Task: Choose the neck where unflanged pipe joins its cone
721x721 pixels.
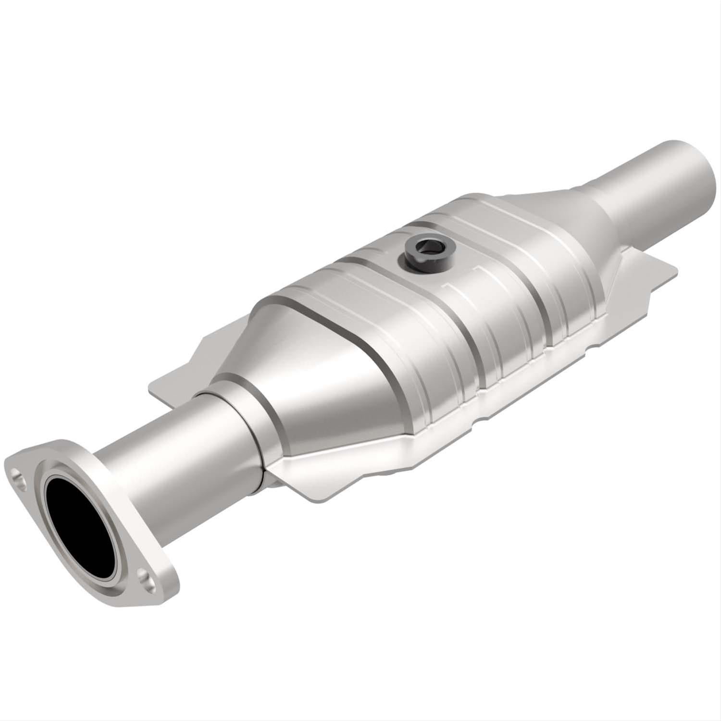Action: coord(596,192)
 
